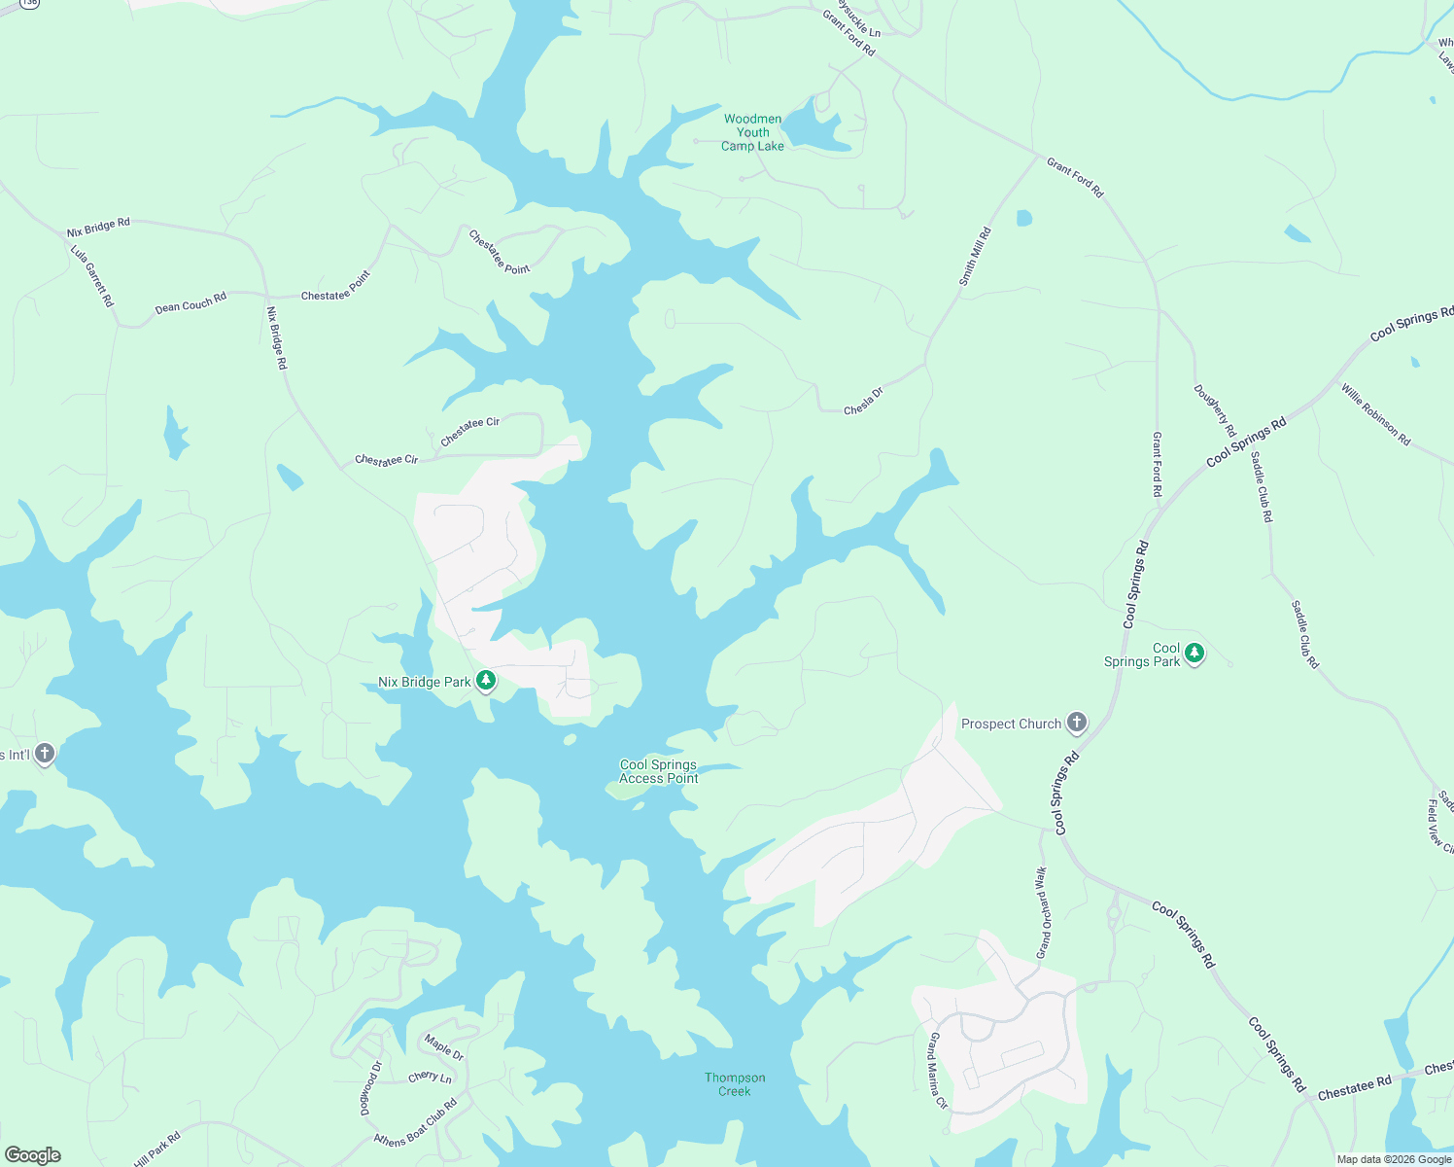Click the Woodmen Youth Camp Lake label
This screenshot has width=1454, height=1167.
(x=752, y=133)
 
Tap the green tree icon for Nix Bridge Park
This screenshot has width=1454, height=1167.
(x=486, y=681)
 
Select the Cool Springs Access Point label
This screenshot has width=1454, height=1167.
(x=659, y=771)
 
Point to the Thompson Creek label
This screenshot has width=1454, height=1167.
(x=735, y=1084)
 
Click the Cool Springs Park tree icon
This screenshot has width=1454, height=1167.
(x=1194, y=653)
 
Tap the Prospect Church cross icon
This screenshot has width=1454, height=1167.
(x=1076, y=723)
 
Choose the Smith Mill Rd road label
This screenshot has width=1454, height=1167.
(x=975, y=256)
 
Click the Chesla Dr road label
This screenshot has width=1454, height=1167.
(x=863, y=402)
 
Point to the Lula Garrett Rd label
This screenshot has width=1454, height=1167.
(x=92, y=275)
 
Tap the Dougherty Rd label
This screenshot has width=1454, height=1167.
(x=1215, y=410)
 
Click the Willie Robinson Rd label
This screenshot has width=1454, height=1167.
(x=1375, y=414)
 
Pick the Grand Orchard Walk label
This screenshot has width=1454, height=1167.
(x=1043, y=912)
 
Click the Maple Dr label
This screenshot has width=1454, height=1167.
(x=444, y=1046)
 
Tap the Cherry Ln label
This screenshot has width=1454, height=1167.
(x=430, y=1078)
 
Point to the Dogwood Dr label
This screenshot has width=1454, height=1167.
(x=371, y=1087)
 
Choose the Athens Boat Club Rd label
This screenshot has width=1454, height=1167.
(x=415, y=1124)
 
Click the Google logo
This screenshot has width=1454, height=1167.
(x=33, y=1155)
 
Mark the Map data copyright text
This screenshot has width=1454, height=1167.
(x=1394, y=1159)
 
